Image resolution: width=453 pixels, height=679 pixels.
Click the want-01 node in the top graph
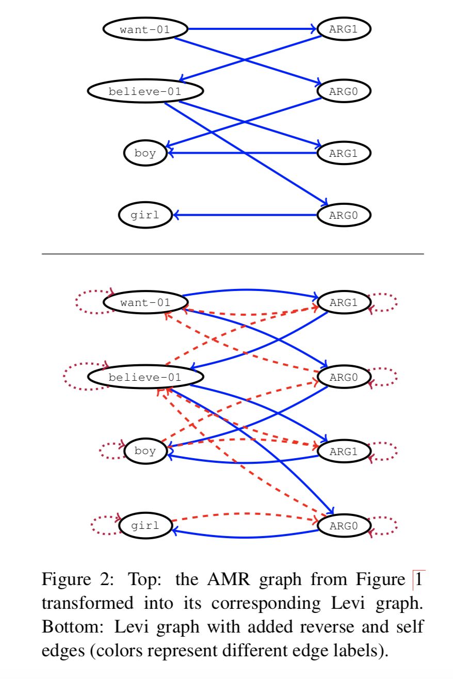(144, 29)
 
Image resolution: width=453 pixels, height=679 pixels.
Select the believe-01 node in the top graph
(145, 91)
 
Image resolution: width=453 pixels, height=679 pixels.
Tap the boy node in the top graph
(145, 153)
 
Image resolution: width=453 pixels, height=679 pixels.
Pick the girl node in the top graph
(145, 215)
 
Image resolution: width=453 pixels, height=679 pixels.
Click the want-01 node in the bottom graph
(145, 302)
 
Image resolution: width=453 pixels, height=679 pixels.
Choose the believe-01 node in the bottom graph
(145, 377)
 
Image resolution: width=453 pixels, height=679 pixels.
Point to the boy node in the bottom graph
(145, 451)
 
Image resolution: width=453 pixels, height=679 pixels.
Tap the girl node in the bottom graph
(145, 526)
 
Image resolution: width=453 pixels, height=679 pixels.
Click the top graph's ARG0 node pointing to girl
(344, 215)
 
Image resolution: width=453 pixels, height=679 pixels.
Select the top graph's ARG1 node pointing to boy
(344, 153)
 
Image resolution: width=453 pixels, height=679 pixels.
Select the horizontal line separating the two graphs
(232, 254)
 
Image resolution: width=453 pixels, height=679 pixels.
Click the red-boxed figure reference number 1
(418, 580)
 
